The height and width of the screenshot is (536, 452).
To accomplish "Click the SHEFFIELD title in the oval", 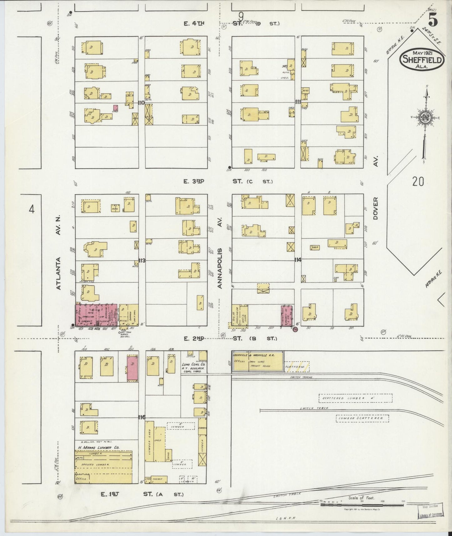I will pyautogui.click(x=422, y=60).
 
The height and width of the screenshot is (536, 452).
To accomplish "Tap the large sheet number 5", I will pyautogui.click(x=433, y=21).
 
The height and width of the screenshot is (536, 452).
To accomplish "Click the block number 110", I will pyautogui.click(x=142, y=102).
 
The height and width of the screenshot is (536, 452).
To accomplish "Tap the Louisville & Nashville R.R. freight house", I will pyautogui.click(x=258, y=362).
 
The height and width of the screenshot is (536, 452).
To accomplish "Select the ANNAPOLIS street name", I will pyautogui.click(x=220, y=268).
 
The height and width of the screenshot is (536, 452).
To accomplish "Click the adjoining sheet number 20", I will pyautogui.click(x=418, y=181).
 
